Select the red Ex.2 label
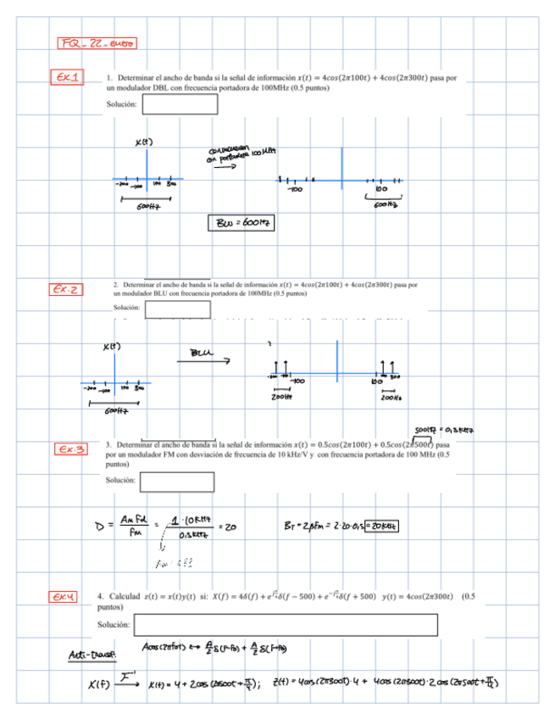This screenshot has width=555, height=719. coord(68,290)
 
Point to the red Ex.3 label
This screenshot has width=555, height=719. coord(71,448)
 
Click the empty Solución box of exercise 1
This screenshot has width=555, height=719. coord(179,104)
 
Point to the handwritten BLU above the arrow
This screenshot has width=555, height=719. coord(202,350)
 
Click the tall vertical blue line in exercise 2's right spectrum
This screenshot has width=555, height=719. coord(336,365)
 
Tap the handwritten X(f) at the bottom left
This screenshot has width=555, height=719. coord(79,683)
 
